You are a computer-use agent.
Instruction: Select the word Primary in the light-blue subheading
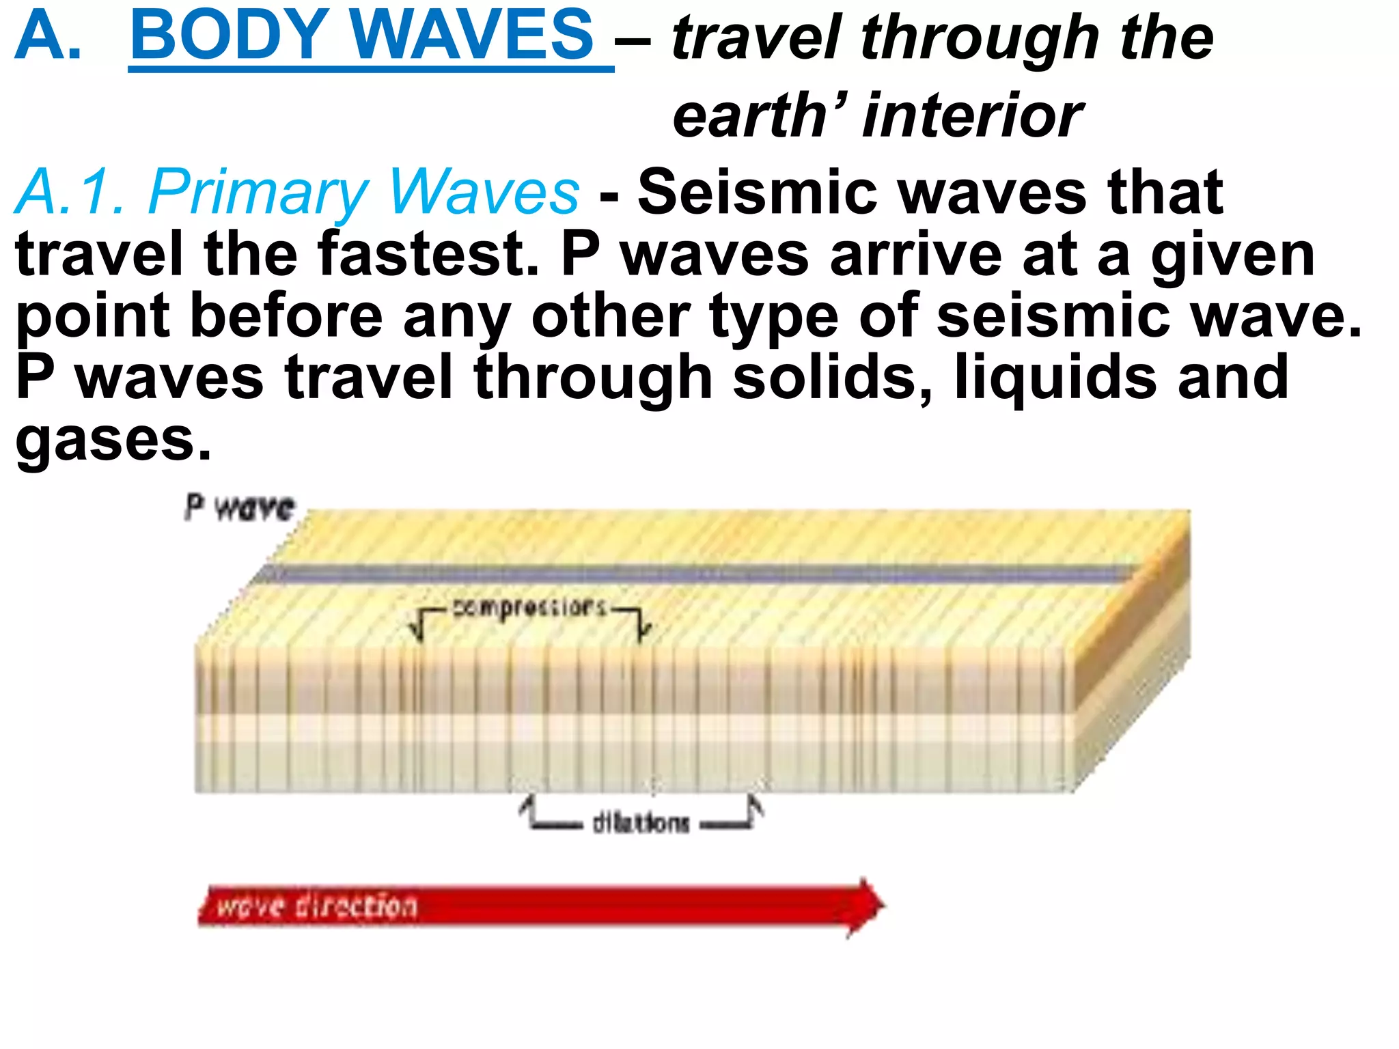coord(260,193)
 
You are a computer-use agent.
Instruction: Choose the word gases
coord(113,440)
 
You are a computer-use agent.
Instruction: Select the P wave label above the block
coord(240,507)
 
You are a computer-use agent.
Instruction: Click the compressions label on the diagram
coord(530,607)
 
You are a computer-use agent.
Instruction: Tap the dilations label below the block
coord(641,823)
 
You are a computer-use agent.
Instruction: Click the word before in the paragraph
coord(286,316)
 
